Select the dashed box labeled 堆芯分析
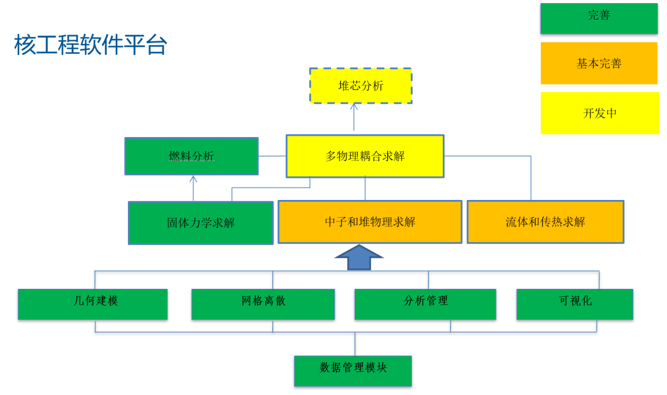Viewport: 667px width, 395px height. (361, 86)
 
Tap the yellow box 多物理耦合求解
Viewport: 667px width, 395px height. (365, 156)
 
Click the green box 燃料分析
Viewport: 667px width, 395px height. (191, 156)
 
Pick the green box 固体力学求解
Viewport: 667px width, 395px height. (201, 223)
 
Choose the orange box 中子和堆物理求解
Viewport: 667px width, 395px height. (370, 222)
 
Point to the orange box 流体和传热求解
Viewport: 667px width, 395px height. (545, 222)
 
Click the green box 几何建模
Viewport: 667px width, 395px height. (93, 304)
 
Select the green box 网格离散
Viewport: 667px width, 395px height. (263, 304)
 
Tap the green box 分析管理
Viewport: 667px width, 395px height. (426, 304)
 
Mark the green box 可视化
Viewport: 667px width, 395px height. (574, 304)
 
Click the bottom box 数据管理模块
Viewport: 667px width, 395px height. (353, 370)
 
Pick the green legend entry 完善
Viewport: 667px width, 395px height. (599, 18)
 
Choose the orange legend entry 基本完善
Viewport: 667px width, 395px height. (599, 63)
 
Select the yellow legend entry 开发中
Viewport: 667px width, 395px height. (600, 113)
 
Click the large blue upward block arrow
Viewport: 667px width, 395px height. (359, 257)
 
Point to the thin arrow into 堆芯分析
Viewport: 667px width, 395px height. (354, 117)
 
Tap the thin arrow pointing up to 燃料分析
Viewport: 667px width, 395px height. (193, 188)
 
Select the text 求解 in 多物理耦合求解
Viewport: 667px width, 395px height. (392, 156)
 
